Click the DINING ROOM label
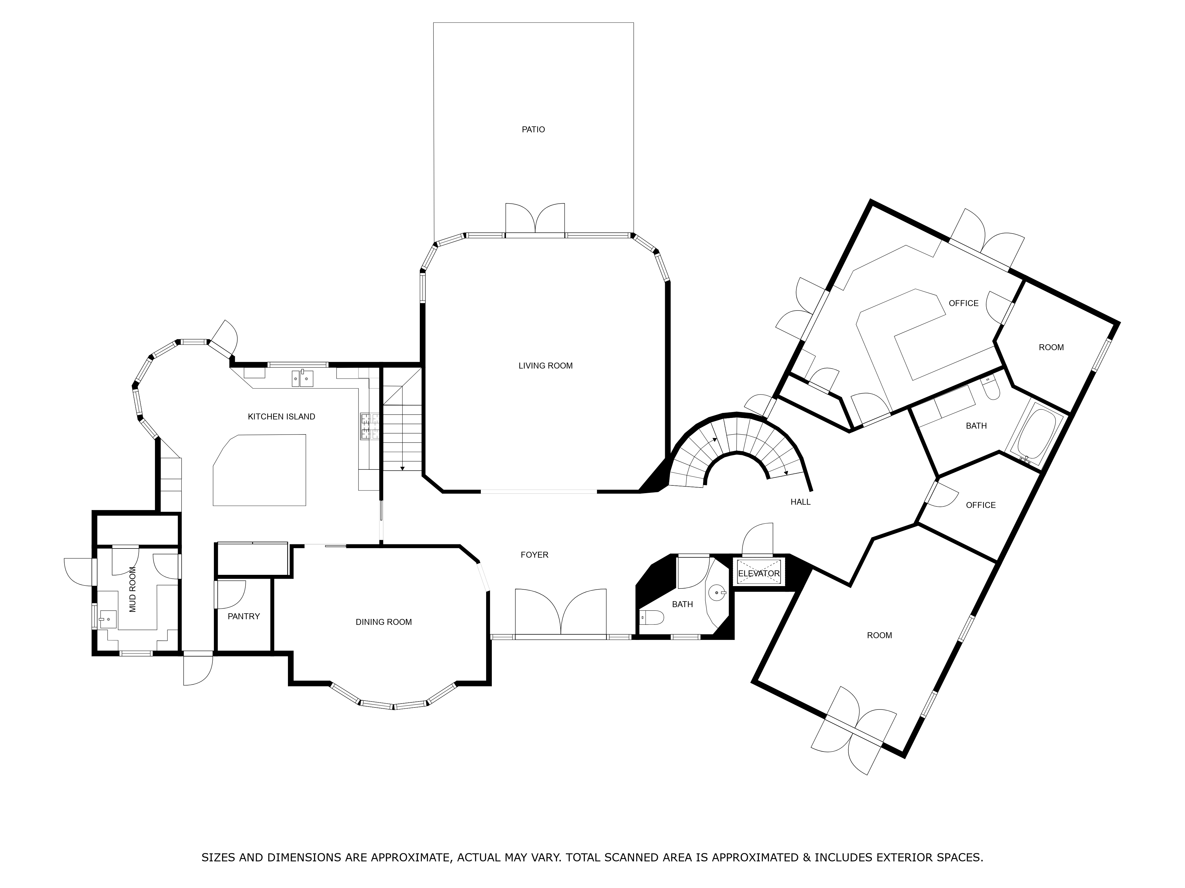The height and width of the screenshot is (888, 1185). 384,622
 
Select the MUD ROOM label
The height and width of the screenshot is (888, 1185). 133,589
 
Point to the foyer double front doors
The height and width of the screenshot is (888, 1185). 561,613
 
